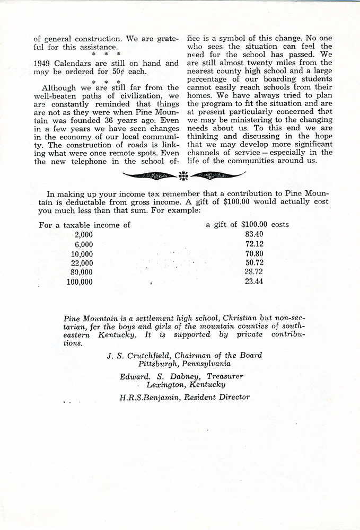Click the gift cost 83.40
click(x=254, y=234)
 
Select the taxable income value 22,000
click(x=82, y=263)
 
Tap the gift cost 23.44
click(x=254, y=281)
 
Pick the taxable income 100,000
click(x=80, y=282)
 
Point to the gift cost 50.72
click(x=254, y=263)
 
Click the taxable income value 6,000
click(x=84, y=244)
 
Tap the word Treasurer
click(x=225, y=376)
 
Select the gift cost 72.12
click(x=254, y=244)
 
